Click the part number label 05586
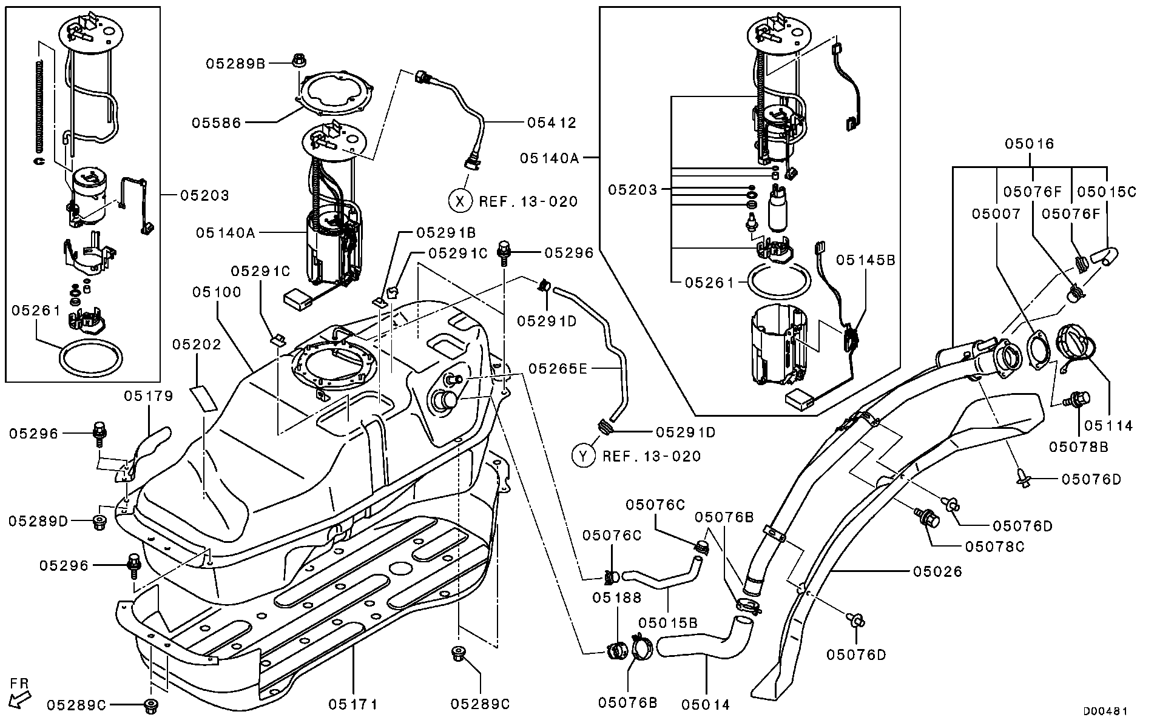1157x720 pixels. tap(216, 123)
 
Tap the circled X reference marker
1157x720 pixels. tap(460, 200)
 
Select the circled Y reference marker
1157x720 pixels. tap(584, 456)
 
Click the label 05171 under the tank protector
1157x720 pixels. tap(353, 704)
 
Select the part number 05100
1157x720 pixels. tap(217, 292)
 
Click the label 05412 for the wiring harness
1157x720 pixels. tap(551, 123)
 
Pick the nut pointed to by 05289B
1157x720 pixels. tap(298, 61)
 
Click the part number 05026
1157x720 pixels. tap(937, 571)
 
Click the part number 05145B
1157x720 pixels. tap(865, 260)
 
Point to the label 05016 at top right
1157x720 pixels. tap(1029, 144)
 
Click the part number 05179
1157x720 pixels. tap(149, 396)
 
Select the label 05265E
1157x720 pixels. tap(558, 368)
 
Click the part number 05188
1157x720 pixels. tap(617, 597)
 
